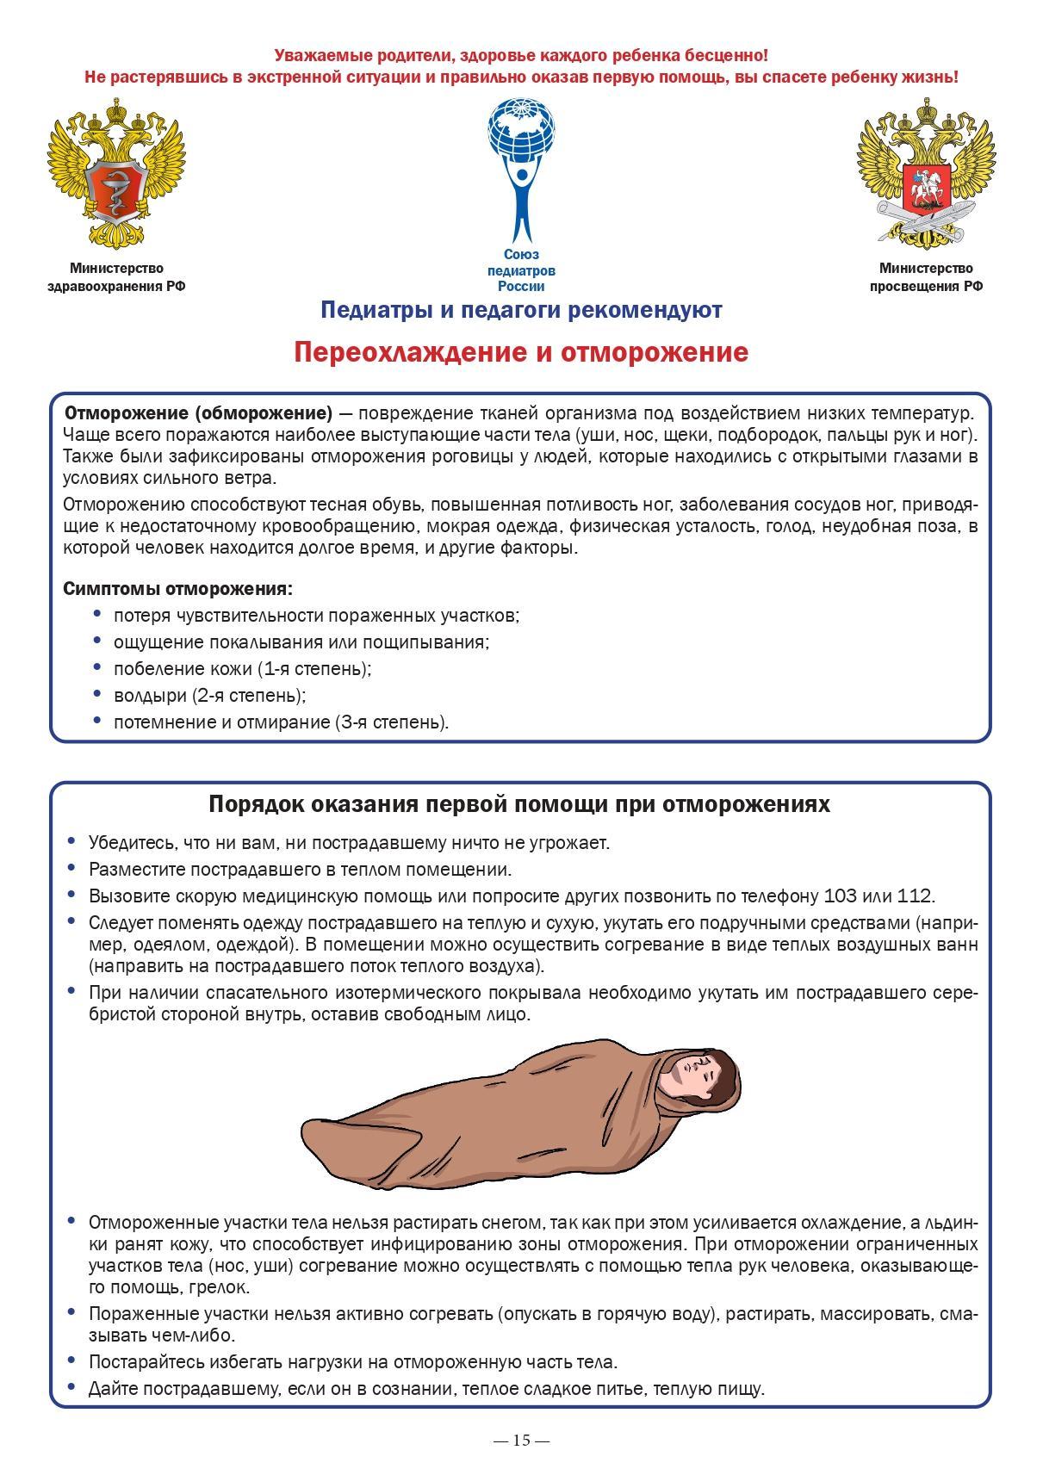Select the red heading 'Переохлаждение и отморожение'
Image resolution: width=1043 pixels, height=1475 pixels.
(x=521, y=353)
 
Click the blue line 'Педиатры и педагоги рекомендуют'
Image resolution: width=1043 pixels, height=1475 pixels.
(x=521, y=310)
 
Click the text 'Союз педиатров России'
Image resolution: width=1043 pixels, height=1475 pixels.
(x=521, y=270)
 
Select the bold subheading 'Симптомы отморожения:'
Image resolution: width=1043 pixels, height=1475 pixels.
(x=177, y=589)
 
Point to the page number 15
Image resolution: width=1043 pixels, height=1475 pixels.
(x=521, y=1440)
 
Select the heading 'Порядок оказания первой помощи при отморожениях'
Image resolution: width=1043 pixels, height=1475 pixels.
(x=519, y=804)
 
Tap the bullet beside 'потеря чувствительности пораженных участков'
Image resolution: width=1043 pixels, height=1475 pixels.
(x=96, y=615)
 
